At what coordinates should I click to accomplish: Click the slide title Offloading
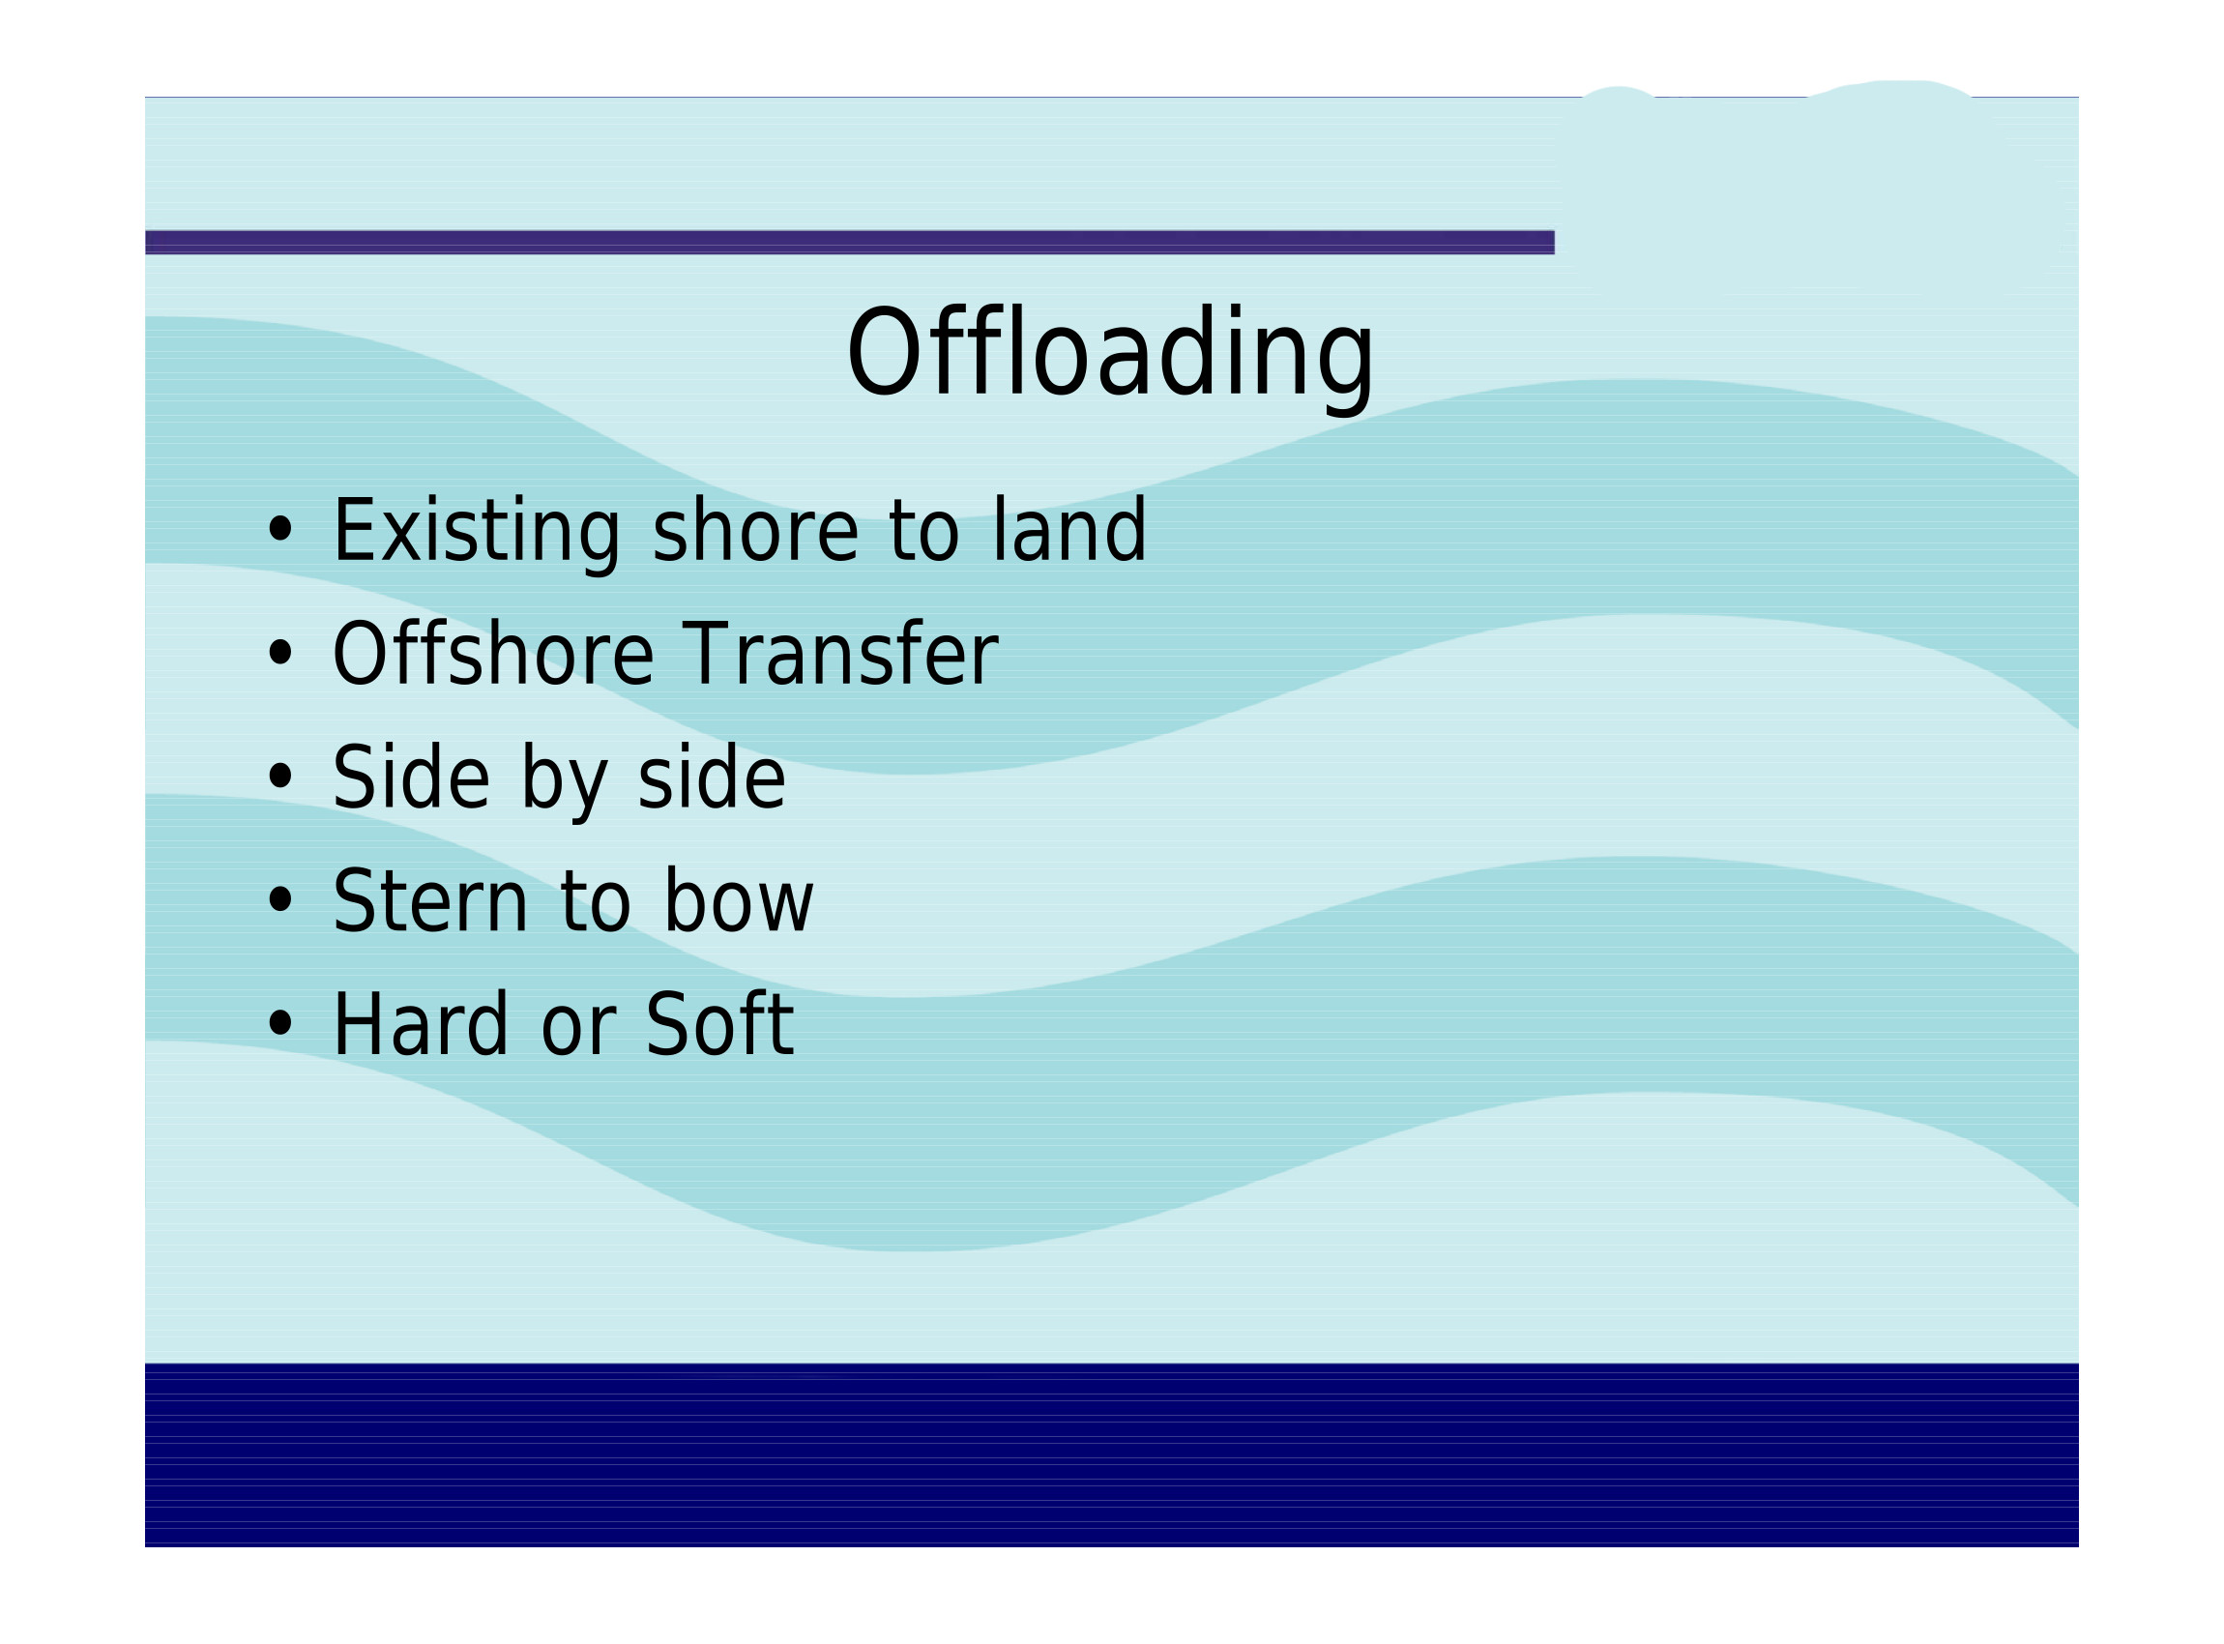click(x=1109, y=355)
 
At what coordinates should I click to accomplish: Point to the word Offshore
click(x=492, y=653)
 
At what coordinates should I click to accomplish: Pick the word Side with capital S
click(x=411, y=777)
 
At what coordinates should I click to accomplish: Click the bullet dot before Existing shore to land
click(x=280, y=530)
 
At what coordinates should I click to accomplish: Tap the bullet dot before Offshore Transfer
click(x=280, y=654)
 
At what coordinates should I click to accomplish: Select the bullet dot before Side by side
click(x=280, y=777)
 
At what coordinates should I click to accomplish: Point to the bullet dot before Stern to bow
click(x=280, y=899)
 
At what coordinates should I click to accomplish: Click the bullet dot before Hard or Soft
click(x=280, y=1023)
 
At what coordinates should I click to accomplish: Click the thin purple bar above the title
click(x=850, y=242)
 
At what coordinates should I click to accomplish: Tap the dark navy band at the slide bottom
click(x=1111, y=1453)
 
